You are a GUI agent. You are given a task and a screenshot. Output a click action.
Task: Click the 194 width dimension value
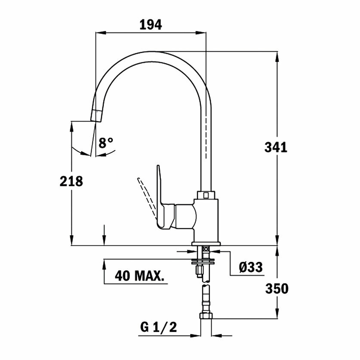click(x=151, y=25)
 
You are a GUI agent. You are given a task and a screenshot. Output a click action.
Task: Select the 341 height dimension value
click(x=276, y=148)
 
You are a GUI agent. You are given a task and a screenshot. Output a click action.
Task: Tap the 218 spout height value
click(x=71, y=182)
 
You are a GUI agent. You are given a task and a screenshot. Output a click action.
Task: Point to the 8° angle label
click(x=106, y=143)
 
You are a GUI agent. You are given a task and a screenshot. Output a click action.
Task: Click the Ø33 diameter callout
click(x=251, y=267)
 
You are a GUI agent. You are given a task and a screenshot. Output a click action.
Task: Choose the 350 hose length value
click(x=277, y=289)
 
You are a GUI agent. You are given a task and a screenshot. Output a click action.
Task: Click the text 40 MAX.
click(x=140, y=276)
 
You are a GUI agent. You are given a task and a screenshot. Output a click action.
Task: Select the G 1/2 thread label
click(x=158, y=327)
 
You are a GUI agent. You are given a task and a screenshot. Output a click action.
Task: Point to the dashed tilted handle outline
click(x=147, y=197)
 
